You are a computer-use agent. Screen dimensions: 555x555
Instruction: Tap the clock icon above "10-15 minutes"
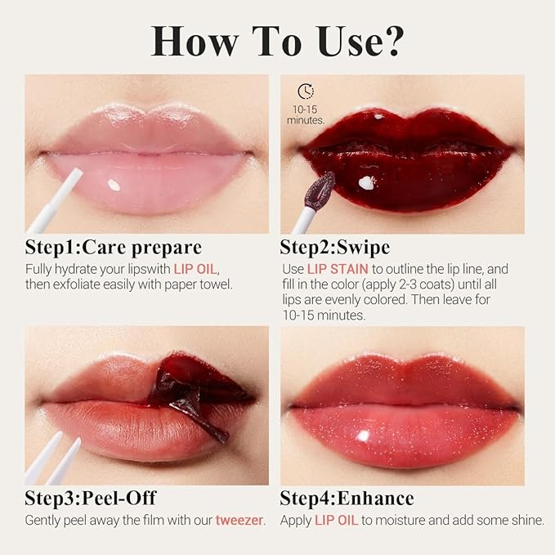point(306,92)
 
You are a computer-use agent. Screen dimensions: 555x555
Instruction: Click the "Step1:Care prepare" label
point(114,248)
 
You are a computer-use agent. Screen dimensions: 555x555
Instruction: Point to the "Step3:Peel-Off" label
point(91,499)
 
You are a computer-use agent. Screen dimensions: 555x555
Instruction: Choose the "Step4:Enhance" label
point(347,499)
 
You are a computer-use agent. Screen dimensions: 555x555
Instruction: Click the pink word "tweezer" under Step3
point(239,520)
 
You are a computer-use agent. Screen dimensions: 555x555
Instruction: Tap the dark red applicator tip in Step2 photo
point(320,190)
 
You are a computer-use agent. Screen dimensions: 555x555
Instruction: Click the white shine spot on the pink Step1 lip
point(114,185)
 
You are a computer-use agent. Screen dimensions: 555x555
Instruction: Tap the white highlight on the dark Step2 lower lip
point(366,182)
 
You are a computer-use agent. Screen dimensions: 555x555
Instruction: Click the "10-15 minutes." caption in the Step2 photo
point(306,114)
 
